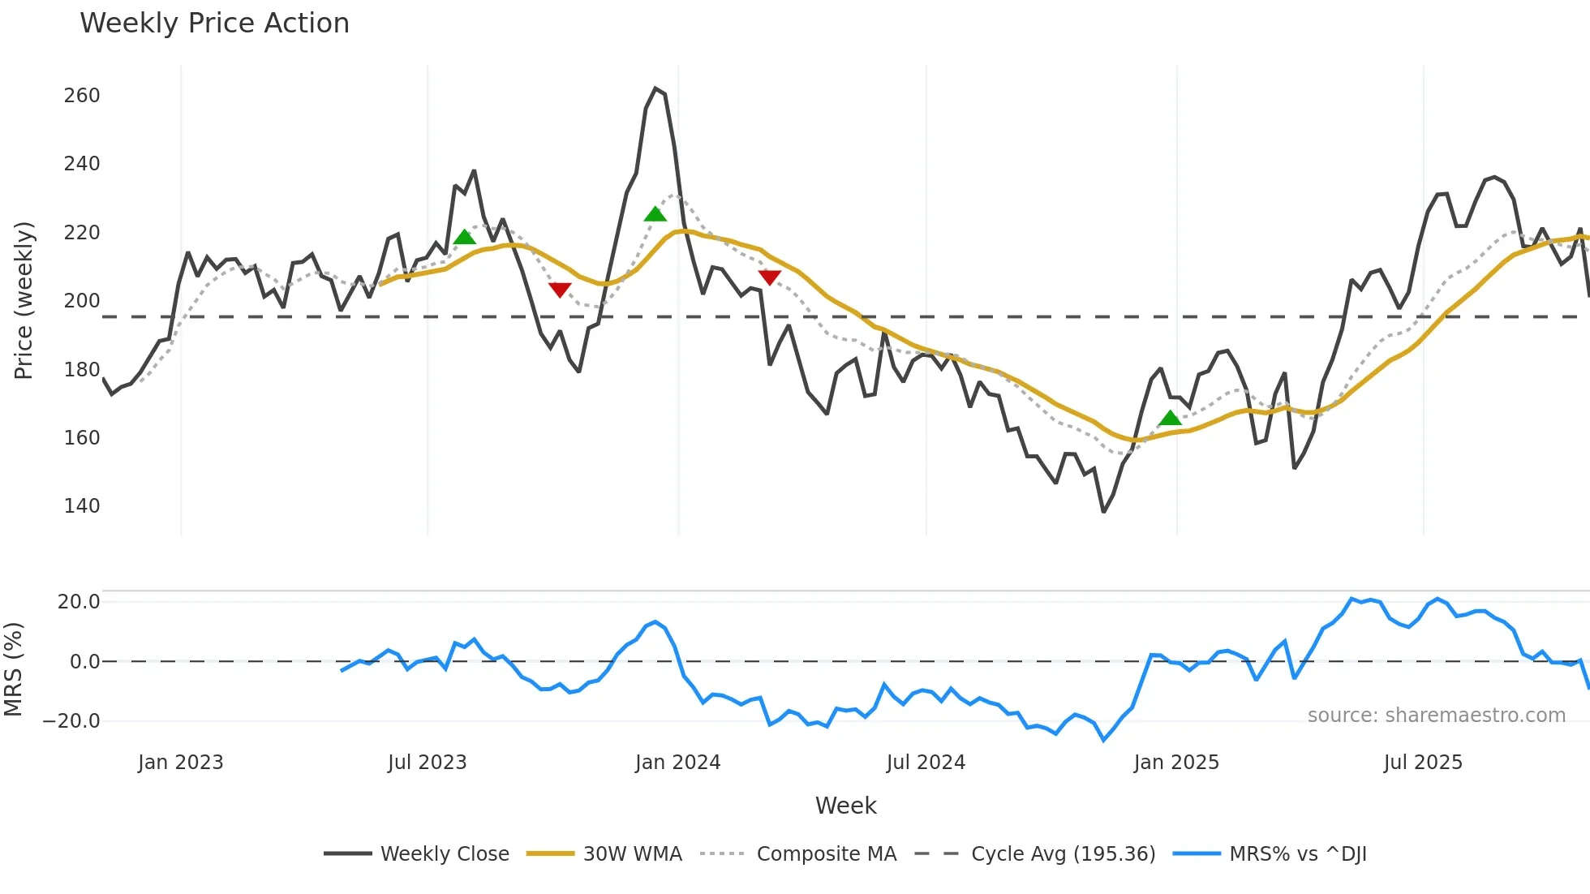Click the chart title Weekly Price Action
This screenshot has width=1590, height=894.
coord(214,24)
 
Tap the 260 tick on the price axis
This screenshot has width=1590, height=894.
coord(82,96)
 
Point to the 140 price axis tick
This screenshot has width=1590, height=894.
coord(82,506)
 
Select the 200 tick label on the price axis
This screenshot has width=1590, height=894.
coord(82,301)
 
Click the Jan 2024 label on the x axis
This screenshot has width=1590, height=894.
coord(677,763)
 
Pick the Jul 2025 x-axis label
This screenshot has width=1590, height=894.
coord(1423,763)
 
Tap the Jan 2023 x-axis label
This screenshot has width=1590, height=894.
coord(180,763)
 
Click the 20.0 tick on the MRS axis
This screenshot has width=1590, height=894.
coord(79,602)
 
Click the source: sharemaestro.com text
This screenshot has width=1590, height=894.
coord(1436,716)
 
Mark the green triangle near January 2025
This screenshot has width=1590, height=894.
coord(1170,419)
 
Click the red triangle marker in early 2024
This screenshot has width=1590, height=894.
coord(769,277)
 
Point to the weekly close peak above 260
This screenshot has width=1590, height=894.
coord(655,88)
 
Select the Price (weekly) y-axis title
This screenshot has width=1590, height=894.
coord(24,300)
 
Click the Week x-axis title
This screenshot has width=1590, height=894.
coord(845,806)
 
